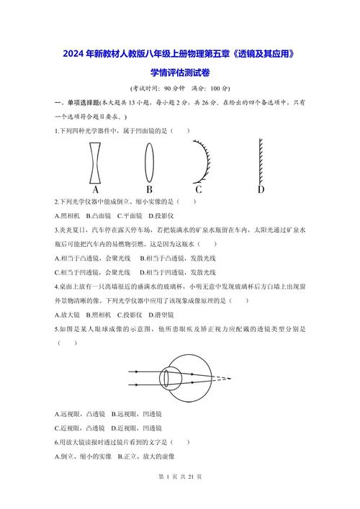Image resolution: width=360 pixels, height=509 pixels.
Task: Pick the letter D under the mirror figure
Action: pyautogui.click(x=261, y=190)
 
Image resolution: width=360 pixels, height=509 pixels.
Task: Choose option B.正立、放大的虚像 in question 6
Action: pyautogui.click(x=143, y=456)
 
